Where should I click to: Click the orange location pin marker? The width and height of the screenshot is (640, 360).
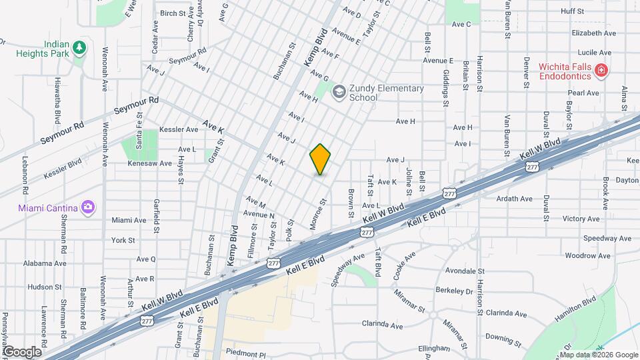(321, 159)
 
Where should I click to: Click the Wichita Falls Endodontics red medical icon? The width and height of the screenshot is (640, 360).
(601, 70)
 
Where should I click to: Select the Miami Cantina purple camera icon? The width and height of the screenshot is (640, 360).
(87, 207)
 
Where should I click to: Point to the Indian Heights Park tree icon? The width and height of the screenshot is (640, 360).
(79, 47)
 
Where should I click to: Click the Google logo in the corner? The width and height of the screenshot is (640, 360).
(22, 351)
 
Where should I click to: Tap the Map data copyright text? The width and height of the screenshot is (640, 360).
(597, 354)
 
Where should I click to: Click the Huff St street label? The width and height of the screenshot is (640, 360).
(572, 11)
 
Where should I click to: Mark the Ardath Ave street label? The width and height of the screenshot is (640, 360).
(514, 199)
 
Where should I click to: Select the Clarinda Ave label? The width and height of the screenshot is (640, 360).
(383, 325)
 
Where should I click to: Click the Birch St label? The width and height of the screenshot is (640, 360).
(173, 13)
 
